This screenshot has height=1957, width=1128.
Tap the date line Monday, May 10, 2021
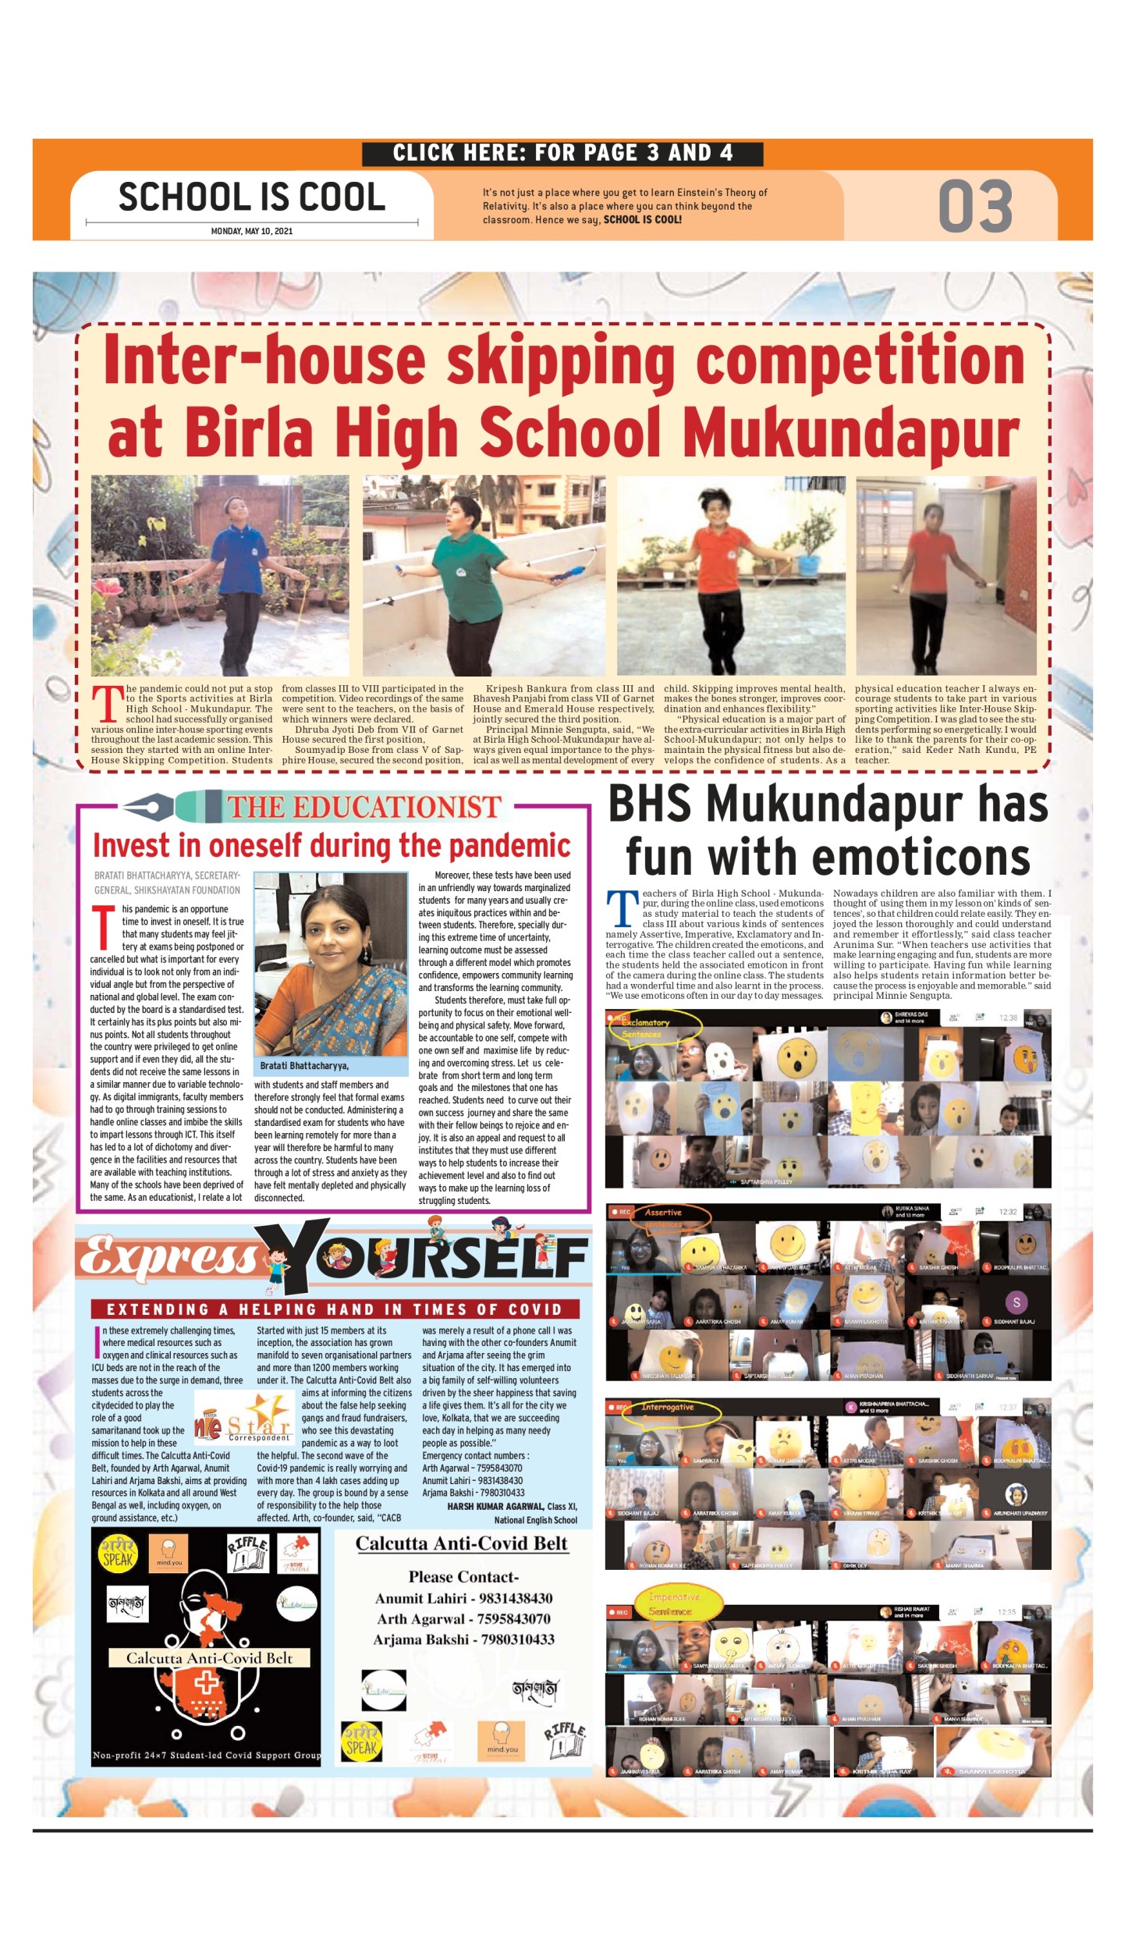[251, 231]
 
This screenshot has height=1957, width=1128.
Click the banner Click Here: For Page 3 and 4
[562, 153]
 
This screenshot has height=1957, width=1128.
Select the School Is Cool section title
[251, 197]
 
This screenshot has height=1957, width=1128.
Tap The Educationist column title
[364, 807]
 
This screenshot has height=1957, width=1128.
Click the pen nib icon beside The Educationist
[150, 805]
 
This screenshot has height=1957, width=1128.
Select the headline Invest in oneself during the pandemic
[332, 846]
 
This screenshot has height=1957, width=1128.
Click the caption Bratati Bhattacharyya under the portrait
[304, 1066]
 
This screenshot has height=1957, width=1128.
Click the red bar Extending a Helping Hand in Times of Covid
[335, 1309]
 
